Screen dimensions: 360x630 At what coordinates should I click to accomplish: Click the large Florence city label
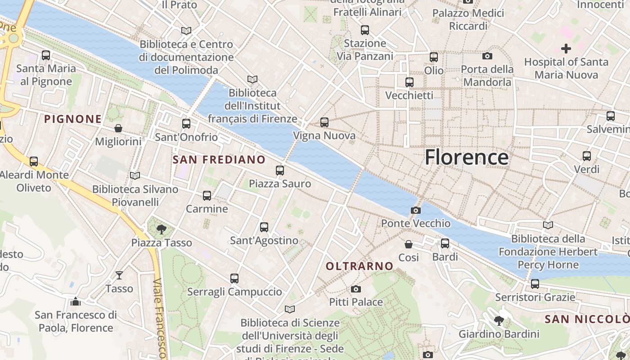click(467, 157)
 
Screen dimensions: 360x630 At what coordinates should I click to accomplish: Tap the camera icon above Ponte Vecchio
click(416, 210)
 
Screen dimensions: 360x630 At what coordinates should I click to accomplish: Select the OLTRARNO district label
click(360, 266)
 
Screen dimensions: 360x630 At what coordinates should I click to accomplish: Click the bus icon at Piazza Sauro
click(280, 170)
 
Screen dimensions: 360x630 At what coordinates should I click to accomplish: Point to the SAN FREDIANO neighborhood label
click(219, 160)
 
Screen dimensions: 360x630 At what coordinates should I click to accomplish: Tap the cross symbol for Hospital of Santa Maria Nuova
click(566, 48)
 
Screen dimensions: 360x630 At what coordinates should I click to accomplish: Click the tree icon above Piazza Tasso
click(162, 229)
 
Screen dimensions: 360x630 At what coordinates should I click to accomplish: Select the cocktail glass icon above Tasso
click(119, 275)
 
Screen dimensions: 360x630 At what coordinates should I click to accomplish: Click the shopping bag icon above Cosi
click(409, 244)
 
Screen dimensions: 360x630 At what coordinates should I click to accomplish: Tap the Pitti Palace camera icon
click(356, 289)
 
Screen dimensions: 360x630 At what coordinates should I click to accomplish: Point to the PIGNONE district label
click(73, 119)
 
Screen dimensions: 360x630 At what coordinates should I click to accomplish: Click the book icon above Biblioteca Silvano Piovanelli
click(135, 175)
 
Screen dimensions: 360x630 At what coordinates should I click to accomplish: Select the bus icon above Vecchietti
click(409, 82)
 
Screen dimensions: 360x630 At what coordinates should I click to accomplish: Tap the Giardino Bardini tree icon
click(499, 321)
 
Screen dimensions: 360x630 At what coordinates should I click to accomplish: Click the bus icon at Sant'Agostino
click(264, 227)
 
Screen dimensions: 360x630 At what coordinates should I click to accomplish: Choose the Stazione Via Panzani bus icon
click(365, 30)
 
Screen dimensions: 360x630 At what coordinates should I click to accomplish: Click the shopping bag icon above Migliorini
click(118, 128)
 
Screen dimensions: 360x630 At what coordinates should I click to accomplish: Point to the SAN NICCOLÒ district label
click(587, 319)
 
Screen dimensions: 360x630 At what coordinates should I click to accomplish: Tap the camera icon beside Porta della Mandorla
click(487, 56)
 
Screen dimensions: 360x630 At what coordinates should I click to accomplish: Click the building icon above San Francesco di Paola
click(76, 301)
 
